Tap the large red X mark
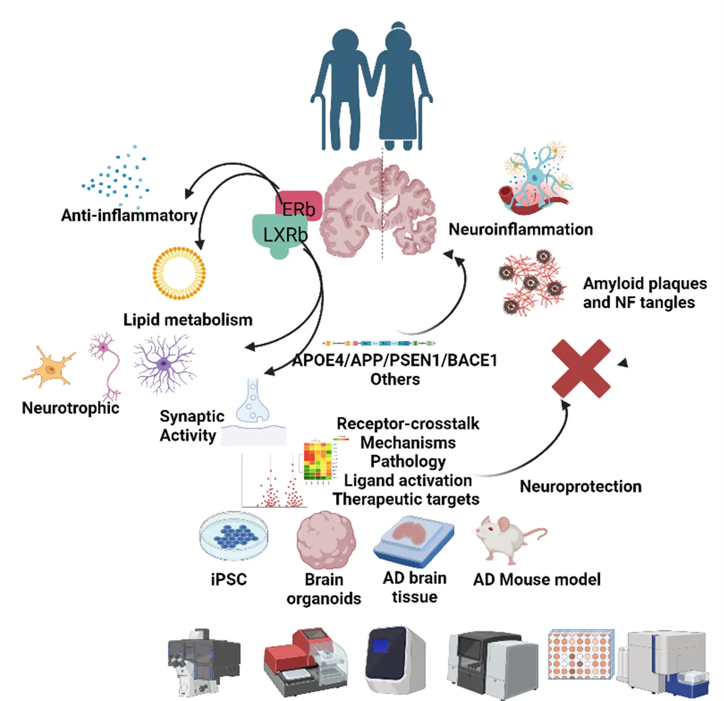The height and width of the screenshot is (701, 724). (581, 368)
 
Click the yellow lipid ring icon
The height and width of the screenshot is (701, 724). (179, 273)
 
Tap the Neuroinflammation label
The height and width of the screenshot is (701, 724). (521, 229)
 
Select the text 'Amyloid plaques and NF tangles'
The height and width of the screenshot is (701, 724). (644, 293)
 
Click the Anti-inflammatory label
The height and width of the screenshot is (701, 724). (129, 215)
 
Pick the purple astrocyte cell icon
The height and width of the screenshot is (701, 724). (164, 364)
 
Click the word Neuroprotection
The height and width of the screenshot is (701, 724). (580, 487)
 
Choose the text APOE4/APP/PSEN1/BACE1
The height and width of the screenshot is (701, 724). (395, 360)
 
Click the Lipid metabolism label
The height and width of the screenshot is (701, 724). (188, 320)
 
